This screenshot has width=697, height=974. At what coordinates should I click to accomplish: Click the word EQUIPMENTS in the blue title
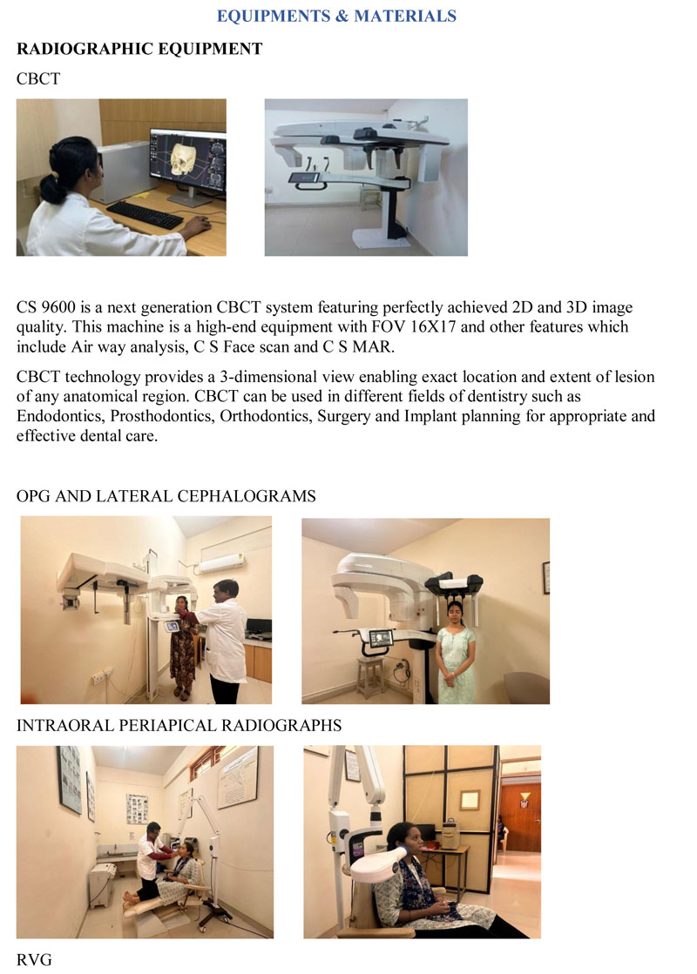coord(274,17)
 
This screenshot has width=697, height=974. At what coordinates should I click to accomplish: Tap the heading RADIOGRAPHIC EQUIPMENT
coord(139,49)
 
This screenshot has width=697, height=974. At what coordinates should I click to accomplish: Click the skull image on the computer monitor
coord(184,155)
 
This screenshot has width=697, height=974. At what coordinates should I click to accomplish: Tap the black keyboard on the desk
coord(145,215)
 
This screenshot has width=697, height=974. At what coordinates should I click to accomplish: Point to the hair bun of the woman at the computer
coord(51,187)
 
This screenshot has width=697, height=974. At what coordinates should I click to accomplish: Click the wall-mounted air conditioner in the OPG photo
coord(220,564)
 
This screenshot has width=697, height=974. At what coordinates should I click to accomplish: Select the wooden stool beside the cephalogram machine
coord(370,675)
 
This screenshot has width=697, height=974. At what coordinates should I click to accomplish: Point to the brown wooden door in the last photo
coord(519,815)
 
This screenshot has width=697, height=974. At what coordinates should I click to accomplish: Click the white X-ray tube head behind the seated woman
coord(378,864)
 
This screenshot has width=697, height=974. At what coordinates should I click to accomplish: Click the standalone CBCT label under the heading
coord(38,79)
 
